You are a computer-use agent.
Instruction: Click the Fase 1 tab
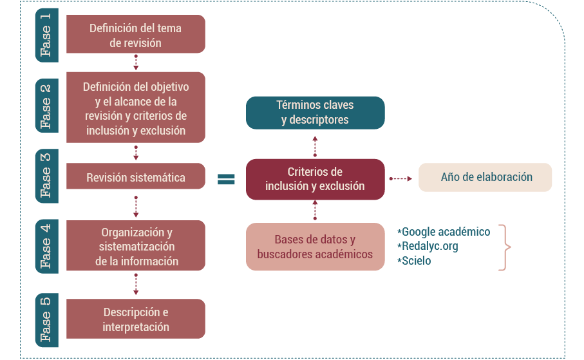46,34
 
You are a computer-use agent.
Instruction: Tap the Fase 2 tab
46,107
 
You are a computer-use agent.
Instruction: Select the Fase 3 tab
46,175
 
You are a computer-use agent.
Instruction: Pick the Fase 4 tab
46,245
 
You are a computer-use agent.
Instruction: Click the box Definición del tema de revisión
136,35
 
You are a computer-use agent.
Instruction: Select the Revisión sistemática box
136,177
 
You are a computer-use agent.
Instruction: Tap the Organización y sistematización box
136,245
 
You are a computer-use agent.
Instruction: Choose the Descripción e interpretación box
136,319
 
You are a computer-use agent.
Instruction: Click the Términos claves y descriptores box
315,112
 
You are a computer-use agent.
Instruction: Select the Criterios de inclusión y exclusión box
315,179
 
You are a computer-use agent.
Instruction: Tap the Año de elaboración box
485,177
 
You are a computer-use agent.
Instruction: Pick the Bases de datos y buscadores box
315,247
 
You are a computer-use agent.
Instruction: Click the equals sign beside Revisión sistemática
226,179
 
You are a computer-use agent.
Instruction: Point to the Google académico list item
444,232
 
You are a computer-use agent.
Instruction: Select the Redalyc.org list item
428,246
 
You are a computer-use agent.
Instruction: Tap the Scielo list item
415,261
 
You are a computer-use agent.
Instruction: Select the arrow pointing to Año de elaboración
401,178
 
